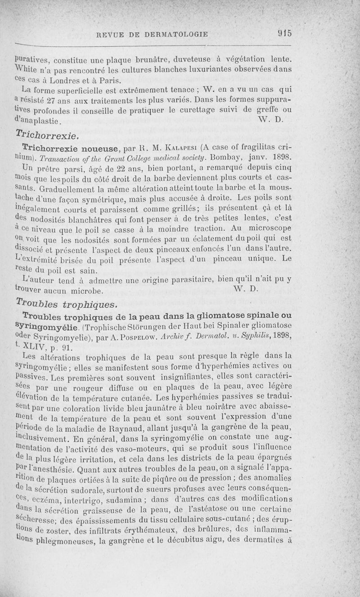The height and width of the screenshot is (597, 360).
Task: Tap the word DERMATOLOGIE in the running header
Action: coord(176,34)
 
